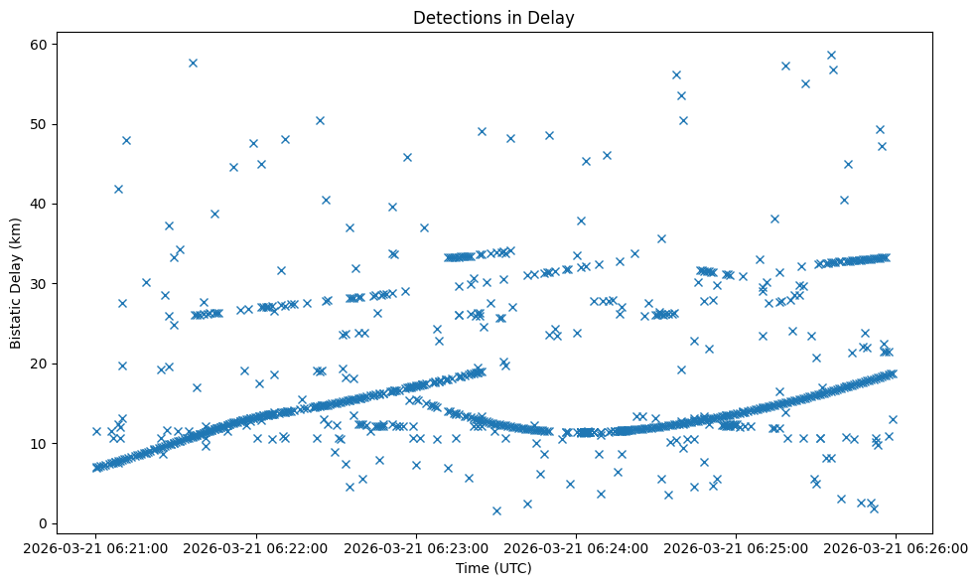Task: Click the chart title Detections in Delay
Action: tap(493, 18)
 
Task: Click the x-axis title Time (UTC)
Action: tap(493, 568)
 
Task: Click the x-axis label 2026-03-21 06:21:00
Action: tap(96, 547)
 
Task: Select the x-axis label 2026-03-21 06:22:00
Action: tap(256, 547)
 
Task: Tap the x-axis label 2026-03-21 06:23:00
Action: tap(416, 547)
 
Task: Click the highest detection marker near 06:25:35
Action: tap(831, 56)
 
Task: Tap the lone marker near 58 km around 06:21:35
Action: tap(193, 63)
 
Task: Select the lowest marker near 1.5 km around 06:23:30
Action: tap(496, 511)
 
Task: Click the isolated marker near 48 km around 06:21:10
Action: tap(126, 140)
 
